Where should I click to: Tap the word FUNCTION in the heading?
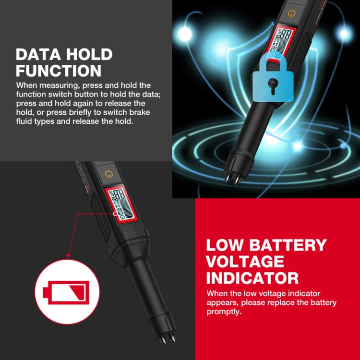click(x=59, y=71)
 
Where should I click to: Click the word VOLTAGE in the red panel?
click(x=245, y=262)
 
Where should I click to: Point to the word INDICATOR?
click(x=252, y=278)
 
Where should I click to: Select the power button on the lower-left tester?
click(x=111, y=174)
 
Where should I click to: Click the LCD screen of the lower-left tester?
click(x=118, y=204)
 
